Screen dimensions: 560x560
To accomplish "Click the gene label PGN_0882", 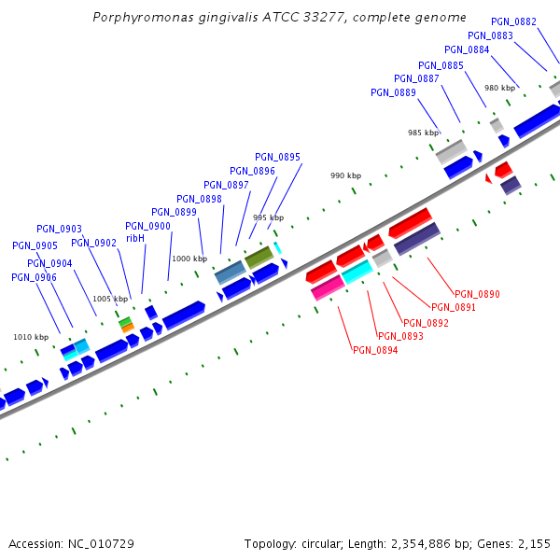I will coord(513,21).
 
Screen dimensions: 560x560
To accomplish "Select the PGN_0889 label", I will coord(393,92).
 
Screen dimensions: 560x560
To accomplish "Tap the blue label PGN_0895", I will coord(277,157).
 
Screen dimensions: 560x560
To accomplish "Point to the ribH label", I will coord(135,238).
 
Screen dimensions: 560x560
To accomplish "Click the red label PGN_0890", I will coord(477,294).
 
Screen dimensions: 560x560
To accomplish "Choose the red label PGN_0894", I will coord(375,350).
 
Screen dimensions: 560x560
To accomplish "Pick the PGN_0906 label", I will coord(34,277).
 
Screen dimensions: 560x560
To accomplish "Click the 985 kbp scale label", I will coord(423,133).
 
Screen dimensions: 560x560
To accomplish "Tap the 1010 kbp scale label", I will coord(30,337).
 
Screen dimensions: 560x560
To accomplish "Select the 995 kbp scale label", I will coord(268,217).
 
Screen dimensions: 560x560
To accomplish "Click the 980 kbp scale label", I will coord(499,88).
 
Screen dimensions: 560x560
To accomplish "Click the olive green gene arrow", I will coord(259,257).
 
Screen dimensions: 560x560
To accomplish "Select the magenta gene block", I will coord(328,287).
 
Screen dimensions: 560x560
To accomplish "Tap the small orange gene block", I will coord(128,328).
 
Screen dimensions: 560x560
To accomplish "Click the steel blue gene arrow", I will coord(230,273).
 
